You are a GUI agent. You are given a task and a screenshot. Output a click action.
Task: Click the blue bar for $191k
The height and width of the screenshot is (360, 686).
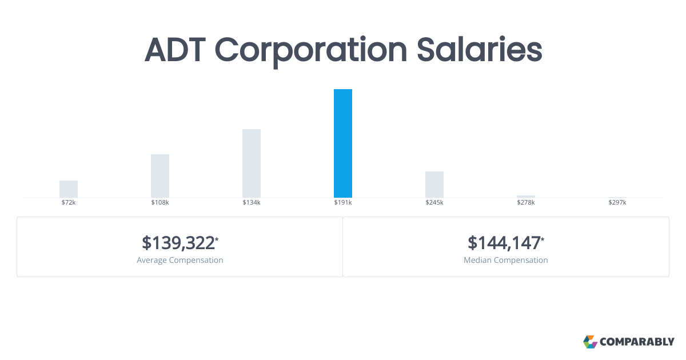pos(342,143)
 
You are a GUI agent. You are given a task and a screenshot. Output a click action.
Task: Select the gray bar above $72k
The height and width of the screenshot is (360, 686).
pos(69,189)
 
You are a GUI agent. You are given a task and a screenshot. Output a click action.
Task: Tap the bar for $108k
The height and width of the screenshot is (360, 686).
pos(160,176)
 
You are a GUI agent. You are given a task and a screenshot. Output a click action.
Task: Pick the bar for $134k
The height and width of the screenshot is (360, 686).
pos(252,163)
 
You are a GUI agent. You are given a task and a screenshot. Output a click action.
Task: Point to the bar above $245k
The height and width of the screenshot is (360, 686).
pos(434,185)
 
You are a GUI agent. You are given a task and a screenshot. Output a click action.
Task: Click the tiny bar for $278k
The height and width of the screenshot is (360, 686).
pos(526,197)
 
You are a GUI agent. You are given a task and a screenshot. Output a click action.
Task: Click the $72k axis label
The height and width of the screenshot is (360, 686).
pos(69,202)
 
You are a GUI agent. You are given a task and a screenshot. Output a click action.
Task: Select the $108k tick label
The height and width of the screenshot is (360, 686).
pos(160,202)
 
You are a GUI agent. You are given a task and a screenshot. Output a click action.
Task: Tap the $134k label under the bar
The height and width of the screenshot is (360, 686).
pos(252,202)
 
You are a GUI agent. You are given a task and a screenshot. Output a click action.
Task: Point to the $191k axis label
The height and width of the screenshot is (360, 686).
pos(342,202)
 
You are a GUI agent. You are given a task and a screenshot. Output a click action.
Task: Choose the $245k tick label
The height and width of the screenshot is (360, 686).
pos(434,202)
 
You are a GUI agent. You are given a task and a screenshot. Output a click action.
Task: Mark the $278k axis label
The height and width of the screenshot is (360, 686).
pos(526,202)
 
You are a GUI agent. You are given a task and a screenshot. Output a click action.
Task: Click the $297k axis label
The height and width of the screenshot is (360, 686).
pos(617,202)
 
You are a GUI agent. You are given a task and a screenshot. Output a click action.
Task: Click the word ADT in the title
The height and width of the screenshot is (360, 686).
pos(175,50)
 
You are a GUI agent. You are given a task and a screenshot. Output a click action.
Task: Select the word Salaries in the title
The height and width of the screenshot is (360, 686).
pos(479,50)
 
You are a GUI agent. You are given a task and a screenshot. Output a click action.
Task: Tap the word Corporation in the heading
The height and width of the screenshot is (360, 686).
pos(311,52)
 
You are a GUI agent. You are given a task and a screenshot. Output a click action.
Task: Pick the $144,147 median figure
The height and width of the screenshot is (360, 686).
pos(505,243)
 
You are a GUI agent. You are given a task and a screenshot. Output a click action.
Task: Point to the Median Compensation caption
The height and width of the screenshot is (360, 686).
pos(505,260)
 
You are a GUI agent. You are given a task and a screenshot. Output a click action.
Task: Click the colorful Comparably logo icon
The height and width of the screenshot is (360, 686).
pos(590,342)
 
